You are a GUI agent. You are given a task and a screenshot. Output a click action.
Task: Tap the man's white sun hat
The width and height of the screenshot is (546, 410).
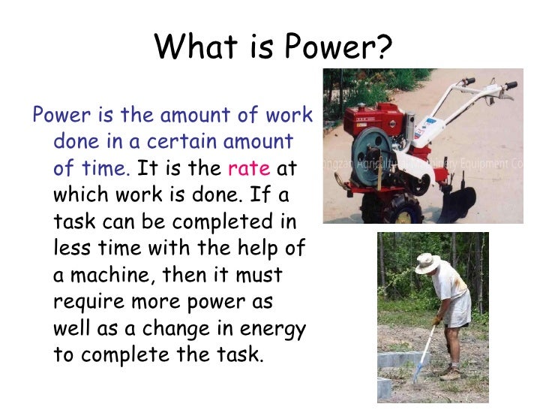point(427,263)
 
